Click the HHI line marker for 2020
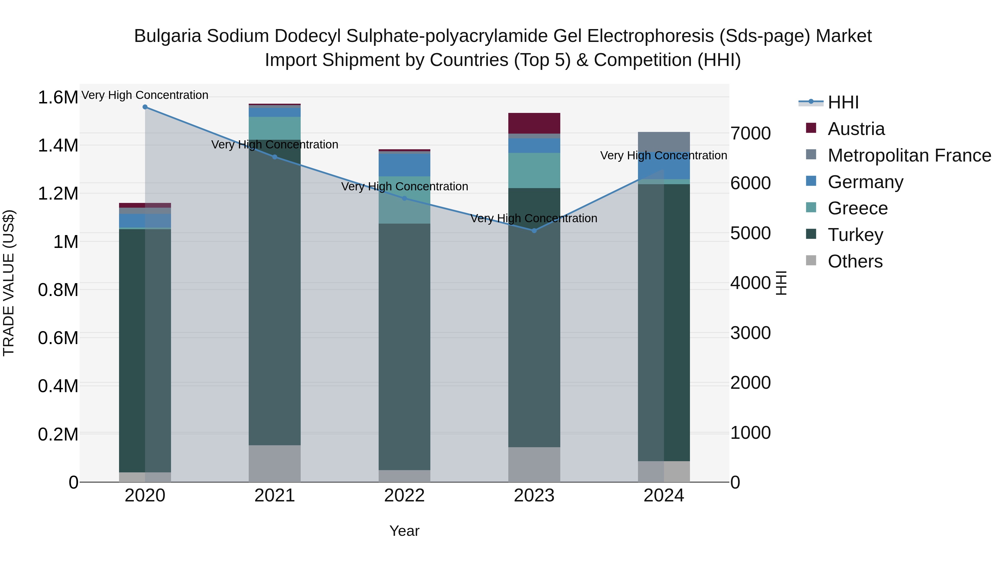pyautogui.click(x=145, y=107)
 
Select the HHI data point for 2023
pyautogui.click(x=534, y=231)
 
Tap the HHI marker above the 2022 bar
pyautogui.click(x=405, y=198)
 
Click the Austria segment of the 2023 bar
pyautogui.click(x=534, y=124)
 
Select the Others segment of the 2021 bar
pyautogui.click(x=274, y=464)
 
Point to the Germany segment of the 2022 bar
pyautogui.click(x=405, y=165)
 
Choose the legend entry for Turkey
pyautogui.click(x=855, y=235)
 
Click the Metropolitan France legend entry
pyautogui.click(x=909, y=155)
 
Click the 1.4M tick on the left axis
pyautogui.click(x=58, y=146)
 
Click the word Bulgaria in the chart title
pyautogui.click(x=168, y=36)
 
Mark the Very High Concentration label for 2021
pyautogui.click(x=274, y=145)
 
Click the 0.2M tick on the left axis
pyautogui.click(x=58, y=434)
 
